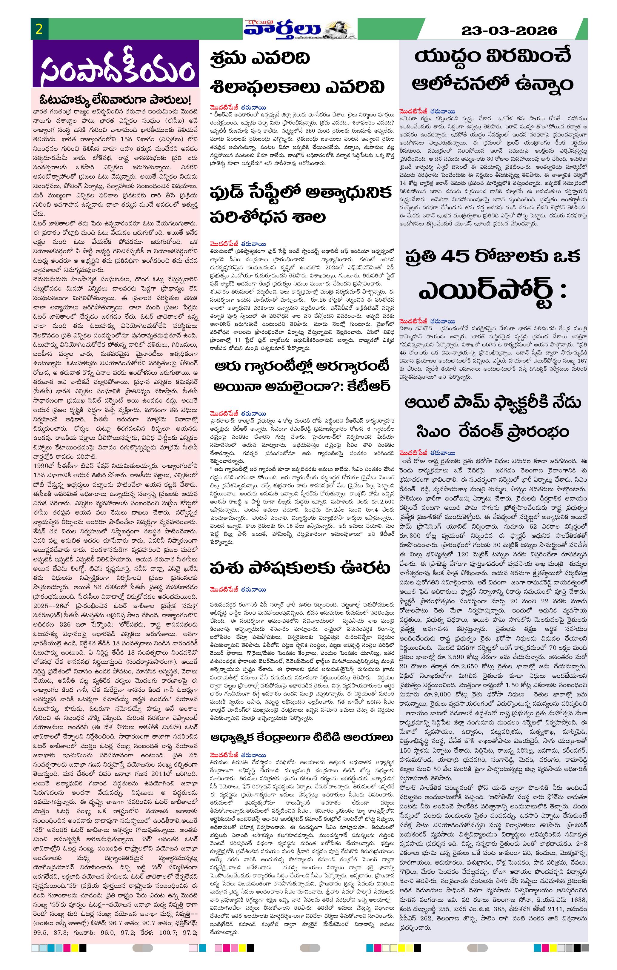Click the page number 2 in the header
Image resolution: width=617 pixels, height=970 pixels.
(x=39, y=29)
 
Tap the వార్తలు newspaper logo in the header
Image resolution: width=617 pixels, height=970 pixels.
(x=282, y=29)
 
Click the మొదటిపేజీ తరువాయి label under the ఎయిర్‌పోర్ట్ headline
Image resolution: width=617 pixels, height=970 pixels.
(x=427, y=321)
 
